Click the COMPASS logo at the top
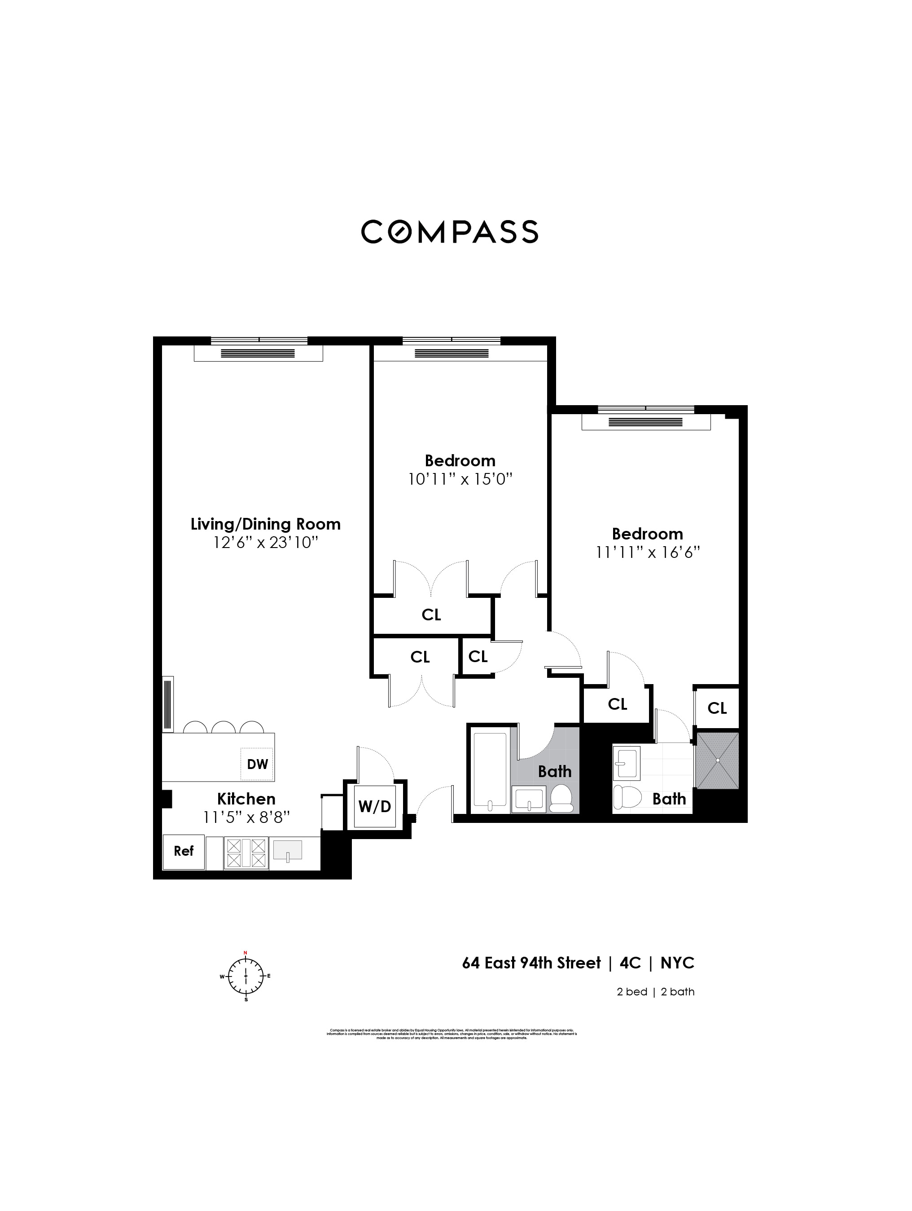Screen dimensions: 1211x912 (x=450, y=232)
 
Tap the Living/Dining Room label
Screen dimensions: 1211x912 (x=265, y=524)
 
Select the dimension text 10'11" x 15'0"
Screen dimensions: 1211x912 (x=460, y=480)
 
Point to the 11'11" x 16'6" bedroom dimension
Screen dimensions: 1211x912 (x=648, y=552)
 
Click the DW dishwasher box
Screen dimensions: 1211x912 (x=257, y=764)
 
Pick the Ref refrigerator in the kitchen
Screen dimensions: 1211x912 (x=184, y=851)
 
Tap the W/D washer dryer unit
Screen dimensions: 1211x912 (x=375, y=806)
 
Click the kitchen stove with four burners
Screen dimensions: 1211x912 (x=246, y=853)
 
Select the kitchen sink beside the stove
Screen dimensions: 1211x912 (x=287, y=851)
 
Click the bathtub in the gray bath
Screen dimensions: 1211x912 (x=490, y=771)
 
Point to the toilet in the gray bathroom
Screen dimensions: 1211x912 (x=560, y=799)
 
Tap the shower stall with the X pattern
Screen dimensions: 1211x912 (x=717, y=760)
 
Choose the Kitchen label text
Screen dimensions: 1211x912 (x=246, y=798)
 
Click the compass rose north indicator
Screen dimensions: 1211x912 (x=246, y=953)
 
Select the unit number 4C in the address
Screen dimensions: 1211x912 (x=630, y=963)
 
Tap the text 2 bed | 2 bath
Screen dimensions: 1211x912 (x=655, y=991)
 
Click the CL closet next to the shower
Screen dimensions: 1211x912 (x=717, y=708)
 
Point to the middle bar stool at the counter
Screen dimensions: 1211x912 (x=223, y=728)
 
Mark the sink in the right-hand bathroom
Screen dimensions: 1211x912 (x=627, y=763)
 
